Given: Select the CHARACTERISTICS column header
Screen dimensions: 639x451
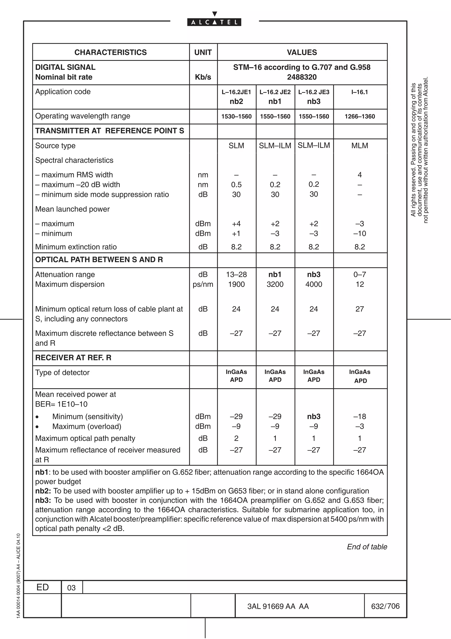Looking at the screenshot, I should (110, 52).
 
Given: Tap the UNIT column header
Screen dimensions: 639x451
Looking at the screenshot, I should (203, 52).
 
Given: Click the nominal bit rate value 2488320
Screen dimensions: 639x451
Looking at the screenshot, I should (301, 77).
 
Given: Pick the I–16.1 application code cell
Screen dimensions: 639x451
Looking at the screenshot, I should (360, 92).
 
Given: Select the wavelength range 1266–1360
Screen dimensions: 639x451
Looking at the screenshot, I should (360, 116).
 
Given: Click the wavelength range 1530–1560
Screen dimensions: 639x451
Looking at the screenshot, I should (236, 116).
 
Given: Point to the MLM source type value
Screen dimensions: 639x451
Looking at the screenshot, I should (360, 146).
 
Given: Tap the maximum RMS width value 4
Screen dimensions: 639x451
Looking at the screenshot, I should (360, 175).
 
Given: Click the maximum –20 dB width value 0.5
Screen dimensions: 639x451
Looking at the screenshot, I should (236, 185).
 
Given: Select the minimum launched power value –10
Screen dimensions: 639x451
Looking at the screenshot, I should (360, 234).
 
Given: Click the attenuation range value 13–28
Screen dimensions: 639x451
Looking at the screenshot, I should (236, 275).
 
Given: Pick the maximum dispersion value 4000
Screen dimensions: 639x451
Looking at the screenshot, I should (314, 284).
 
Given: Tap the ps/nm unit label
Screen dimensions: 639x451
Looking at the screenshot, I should (203, 284).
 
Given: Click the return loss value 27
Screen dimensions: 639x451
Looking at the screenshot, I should (360, 309).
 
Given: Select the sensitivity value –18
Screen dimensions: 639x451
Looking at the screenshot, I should (360, 416).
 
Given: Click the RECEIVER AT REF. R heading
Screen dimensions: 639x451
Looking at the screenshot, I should (73, 358).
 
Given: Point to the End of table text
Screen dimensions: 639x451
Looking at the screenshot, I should (367, 547).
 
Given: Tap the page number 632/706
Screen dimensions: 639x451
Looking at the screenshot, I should (385, 606).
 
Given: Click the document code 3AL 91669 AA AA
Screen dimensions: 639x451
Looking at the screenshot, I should (278, 606).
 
